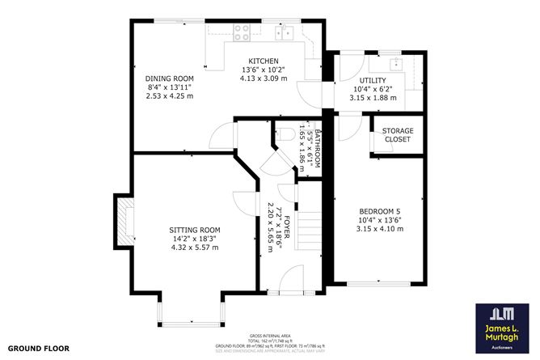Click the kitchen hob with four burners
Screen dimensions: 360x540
pos(241,33)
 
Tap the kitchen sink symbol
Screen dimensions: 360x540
pos(283,33)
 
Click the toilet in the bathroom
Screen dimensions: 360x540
pos(287,134)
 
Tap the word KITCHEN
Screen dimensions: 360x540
pos(264,61)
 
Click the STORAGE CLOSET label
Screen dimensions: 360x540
pos(397,135)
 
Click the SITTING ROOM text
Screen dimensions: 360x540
pos(195,230)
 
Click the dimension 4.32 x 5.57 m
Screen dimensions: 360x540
pos(195,248)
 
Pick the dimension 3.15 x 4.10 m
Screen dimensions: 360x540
pos(380,229)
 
